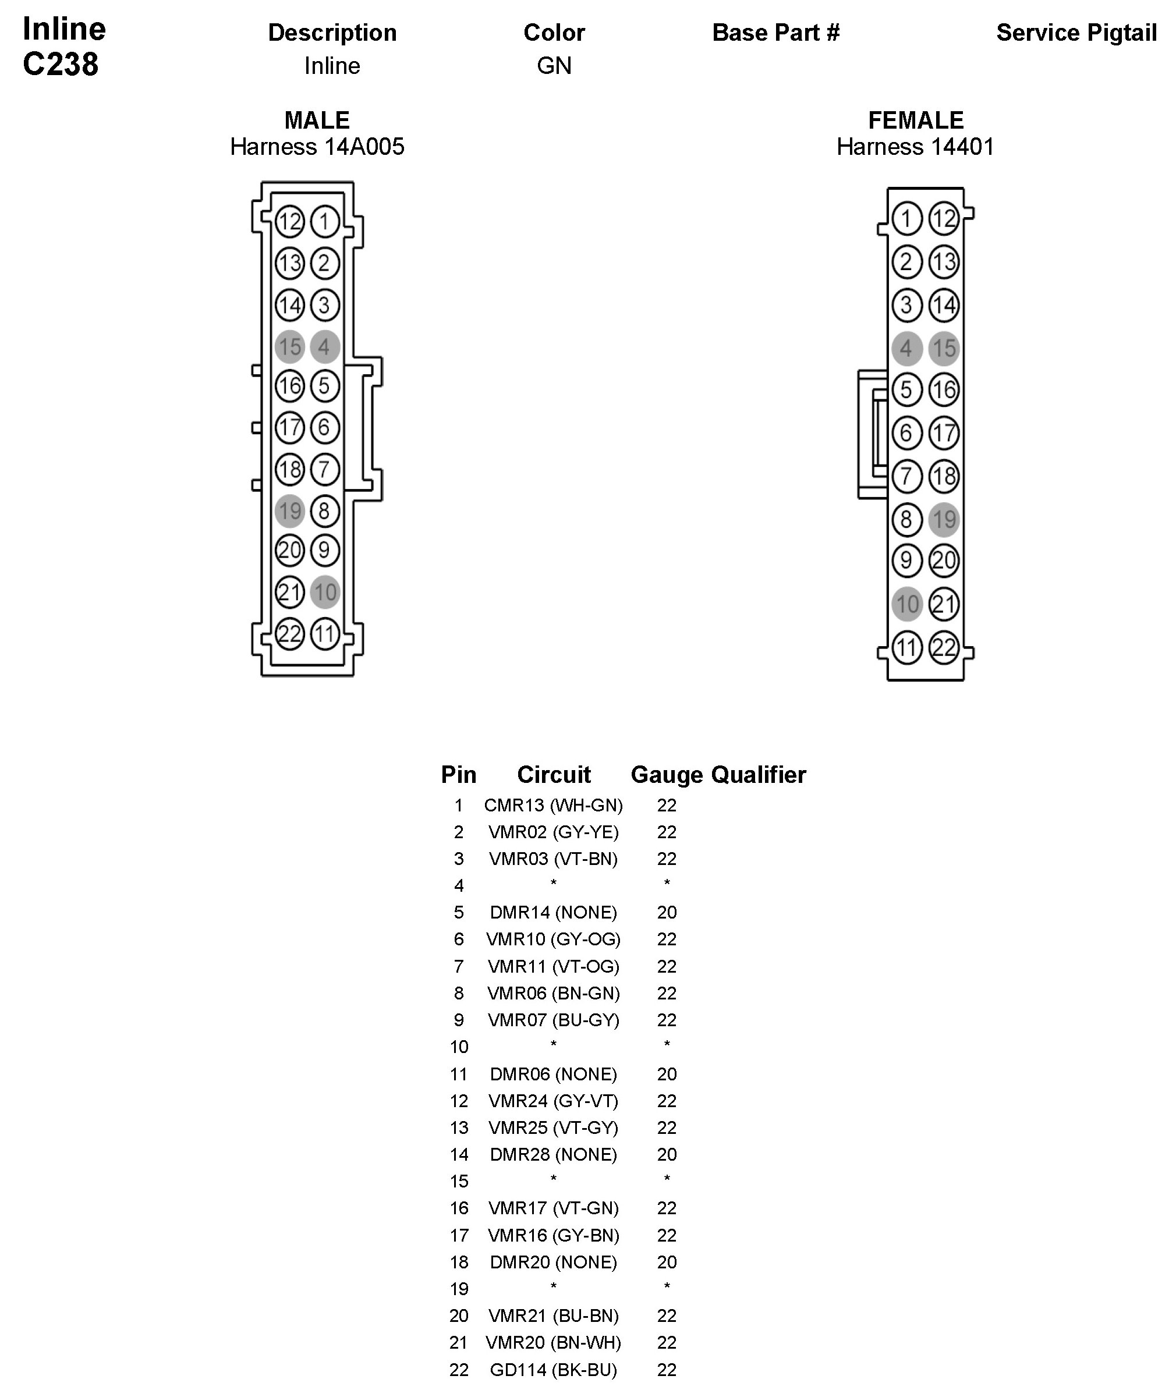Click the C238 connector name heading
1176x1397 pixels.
tap(61, 65)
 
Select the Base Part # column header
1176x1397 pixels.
tap(775, 33)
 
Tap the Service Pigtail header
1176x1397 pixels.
tap(1076, 33)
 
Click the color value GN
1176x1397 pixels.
tap(554, 65)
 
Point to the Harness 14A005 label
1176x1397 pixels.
tap(317, 147)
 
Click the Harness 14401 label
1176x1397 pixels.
tap(915, 147)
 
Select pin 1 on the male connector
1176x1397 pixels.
tap(325, 221)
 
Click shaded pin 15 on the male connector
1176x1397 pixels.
tap(290, 346)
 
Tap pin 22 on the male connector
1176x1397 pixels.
tap(290, 633)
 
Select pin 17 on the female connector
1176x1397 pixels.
tap(944, 433)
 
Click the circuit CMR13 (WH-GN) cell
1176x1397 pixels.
tap(553, 805)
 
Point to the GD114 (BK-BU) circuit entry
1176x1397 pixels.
tap(553, 1370)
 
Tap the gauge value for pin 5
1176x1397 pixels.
tap(667, 913)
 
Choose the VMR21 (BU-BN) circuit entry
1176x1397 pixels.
tap(553, 1316)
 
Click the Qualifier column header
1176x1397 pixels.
tap(759, 775)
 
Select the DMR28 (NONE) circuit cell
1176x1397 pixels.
tap(553, 1154)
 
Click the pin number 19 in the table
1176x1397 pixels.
tap(459, 1289)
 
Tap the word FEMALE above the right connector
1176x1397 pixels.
tap(915, 120)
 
